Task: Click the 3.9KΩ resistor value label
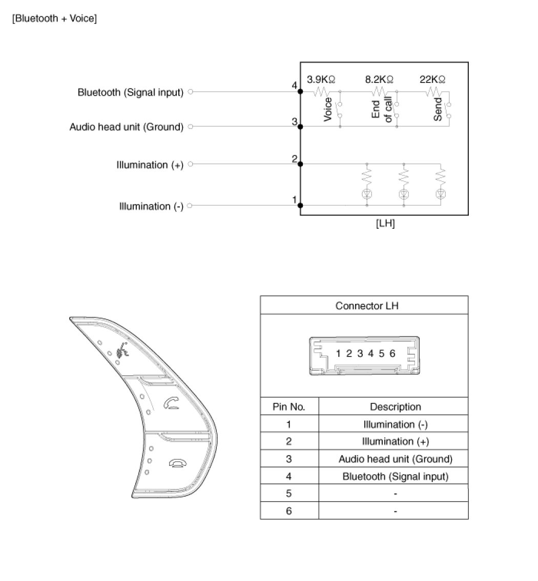[321, 79]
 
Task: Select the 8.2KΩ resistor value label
[379, 79]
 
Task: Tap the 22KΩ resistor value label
[433, 79]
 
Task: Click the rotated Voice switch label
[328, 109]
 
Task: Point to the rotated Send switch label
[438, 109]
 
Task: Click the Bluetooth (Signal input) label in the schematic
[130, 93]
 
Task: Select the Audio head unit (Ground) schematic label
[126, 127]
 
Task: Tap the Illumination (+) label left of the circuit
[150, 165]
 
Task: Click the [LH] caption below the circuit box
[385, 224]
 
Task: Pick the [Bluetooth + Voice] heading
[55, 19]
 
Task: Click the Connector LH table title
[364, 306]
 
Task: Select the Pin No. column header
[289, 407]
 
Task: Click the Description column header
[395, 407]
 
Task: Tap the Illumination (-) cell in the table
[395, 424]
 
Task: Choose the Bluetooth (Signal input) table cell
[395, 477]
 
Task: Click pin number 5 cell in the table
[289, 494]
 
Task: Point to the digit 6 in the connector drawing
[392, 353]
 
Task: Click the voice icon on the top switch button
[122, 352]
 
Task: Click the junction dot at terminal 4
[300, 92]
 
